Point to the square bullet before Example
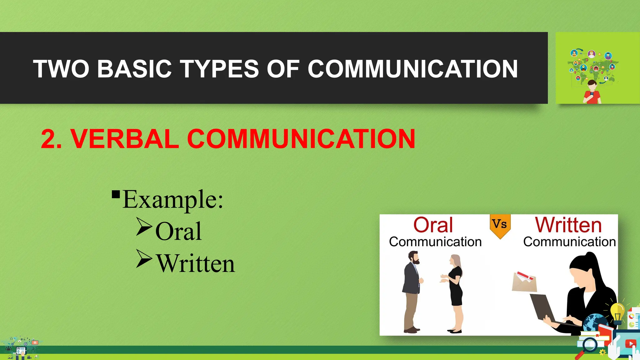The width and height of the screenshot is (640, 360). pyautogui.click(x=116, y=194)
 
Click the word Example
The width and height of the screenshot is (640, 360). pyautogui.click(x=172, y=200)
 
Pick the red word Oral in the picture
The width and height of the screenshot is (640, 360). pyautogui.click(x=433, y=225)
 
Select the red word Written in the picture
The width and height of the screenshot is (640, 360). pyautogui.click(x=568, y=225)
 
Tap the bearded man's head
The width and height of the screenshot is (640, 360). pyautogui.click(x=414, y=258)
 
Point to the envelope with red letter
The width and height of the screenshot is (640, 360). pyautogui.click(x=524, y=281)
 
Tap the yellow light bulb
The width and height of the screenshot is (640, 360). pyautogui.click(x=617, y=312)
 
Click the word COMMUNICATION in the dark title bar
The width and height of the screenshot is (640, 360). pyautogui.click(x=412, y=69)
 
